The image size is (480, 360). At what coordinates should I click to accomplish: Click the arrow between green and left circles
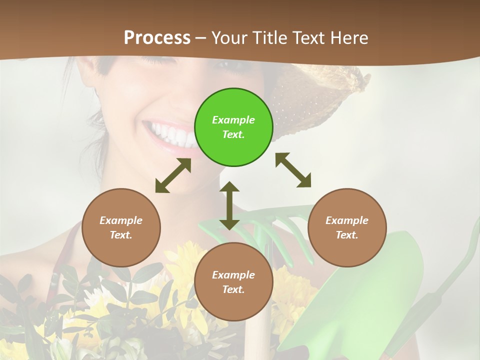click(x=173, y=175)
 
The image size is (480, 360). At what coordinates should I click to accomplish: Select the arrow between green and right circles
click(x=293, y=170)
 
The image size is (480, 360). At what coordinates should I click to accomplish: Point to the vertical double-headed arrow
click(x=229, y=205)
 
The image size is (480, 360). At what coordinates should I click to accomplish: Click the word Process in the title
click(x=157, y=37)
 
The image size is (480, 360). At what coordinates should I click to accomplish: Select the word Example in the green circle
click(x=233, y=120)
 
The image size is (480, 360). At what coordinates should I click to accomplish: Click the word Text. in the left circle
click(x=121, y=235)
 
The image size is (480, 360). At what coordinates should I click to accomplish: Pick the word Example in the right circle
click(x=347, y=220)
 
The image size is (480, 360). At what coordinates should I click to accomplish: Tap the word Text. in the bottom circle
click(x=233, y=289)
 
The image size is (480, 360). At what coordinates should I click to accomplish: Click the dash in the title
click(x=201, y=37)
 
